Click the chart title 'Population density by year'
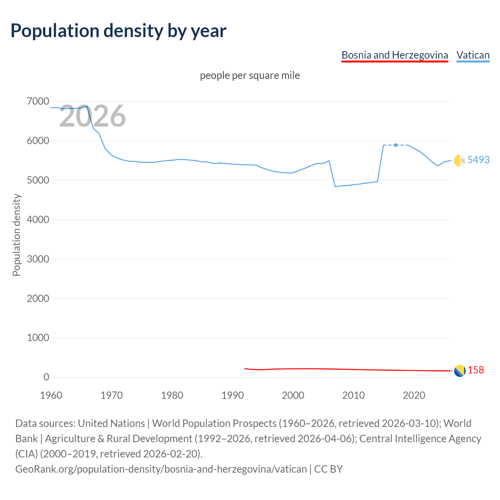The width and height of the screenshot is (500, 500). [x=118, y=31]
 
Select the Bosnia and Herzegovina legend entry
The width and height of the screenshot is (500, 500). [x=395, y=55]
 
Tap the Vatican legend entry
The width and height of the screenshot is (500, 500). [x=473, y=55]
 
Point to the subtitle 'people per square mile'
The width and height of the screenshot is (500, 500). [x=250, y=75]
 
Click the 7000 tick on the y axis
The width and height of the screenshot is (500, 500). [x=38, y=102]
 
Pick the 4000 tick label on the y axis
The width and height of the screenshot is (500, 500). [x=38, y=220]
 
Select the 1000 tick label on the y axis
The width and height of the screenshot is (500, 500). [x=38, y=337]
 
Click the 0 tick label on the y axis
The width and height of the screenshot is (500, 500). [x=46, y=377]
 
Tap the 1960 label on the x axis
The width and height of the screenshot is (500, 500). [x=51, y=395]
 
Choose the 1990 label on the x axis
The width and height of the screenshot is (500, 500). [x=232, y=395]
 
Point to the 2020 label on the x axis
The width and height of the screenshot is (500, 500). [x=414, y=395]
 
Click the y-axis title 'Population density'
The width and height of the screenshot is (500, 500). [x=16, y=235]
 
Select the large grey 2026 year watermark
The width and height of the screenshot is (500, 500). [x=93, y=116]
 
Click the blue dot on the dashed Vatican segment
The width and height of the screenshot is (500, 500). [x=396, y=145]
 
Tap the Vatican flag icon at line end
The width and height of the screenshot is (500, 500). [x=459, y=160]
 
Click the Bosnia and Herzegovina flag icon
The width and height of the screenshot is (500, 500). [x=459, y=370]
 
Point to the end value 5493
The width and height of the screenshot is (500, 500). [x=479, y=160]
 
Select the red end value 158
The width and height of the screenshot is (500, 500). [x=476, y=370]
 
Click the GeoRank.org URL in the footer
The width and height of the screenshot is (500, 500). [x=161, y=469]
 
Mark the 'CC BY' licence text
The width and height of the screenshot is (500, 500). [x=328, y=469]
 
